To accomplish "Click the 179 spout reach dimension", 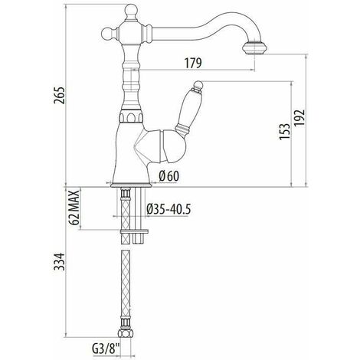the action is pyautogui.click(x=193, y=63).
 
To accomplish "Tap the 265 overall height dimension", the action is pyautogui.click(x=59, y=96).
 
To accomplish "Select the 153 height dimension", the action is pyautogui.click(x=285, y=131).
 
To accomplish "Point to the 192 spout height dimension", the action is pyautogui.click(x=299, y=117).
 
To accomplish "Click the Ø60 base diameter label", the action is pyautogui.click(x=169, y=176).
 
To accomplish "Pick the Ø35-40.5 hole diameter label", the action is pyautogui.click(x=169, y=209).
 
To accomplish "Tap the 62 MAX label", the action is pyautogui.click(x=74, y=208).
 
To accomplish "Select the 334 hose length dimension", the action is pyautogui.click(x=59, y=262).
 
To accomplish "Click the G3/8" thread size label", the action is pyautogui.click(x=106, y=349).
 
